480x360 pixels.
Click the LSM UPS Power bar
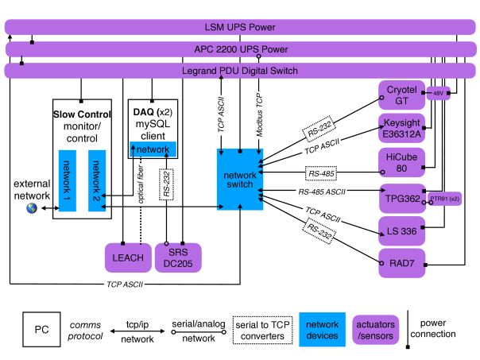point(240,28)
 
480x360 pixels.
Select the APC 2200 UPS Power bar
point(240,49)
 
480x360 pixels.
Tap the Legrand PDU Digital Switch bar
point(240,71)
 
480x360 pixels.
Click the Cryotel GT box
point(402,95)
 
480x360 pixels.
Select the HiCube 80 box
point(402,161)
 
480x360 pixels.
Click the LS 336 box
point(402,229)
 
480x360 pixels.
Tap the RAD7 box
point(402,259)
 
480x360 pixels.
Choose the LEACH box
point(127,257)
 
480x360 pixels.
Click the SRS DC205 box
point(176,257)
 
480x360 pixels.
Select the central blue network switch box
point(239,179)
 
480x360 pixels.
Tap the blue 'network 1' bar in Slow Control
point(68,182)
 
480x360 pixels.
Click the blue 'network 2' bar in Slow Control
point(97,182)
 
